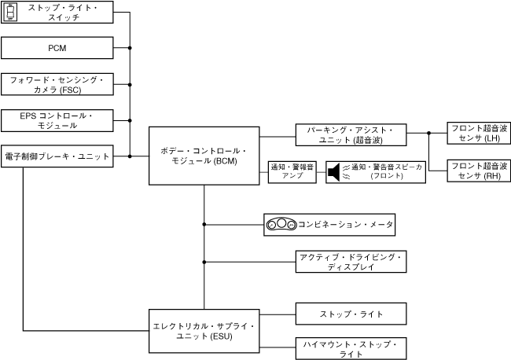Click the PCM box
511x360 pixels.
click(x=57, y=48)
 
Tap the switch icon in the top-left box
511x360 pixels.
click(x=10, y=12)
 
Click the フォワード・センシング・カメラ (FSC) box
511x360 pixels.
click(x=57, y=84)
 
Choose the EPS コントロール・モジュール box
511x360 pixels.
click(x=57, y=120)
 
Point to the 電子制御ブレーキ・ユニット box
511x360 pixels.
click(x=57, y=156)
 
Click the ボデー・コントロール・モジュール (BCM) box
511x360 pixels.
click(x=204, y=156)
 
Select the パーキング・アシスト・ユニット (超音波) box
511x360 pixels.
click(x=351, y=134)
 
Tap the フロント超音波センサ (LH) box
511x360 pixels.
click(x=477, y=133)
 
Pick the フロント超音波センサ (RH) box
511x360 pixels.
click(x=477, y=171)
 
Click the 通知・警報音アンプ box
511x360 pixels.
click(x=292, y=171)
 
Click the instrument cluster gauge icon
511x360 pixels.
click(x=281, y=225)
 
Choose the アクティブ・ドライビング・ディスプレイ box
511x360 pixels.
click(x=351, y=262)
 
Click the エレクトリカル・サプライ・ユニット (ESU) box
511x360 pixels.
click(x=204, y=330)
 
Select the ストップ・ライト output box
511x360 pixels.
click(x=351, y=314)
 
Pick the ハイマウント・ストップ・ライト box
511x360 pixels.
click(x=351, y=349)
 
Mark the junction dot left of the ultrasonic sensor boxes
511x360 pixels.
click(x=428, y=134)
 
